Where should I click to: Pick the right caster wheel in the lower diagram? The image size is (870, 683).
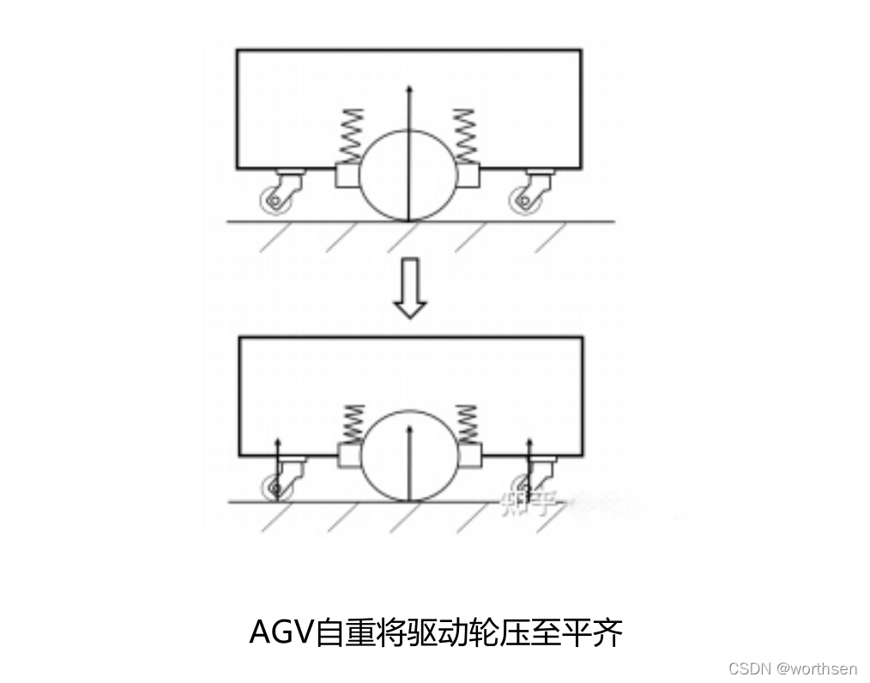pos(522,487)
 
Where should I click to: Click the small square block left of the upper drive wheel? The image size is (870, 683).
pos(347,176)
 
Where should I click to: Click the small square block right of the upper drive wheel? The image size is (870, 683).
pos(468,176)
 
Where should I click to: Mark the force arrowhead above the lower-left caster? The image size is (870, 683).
pos(278,442)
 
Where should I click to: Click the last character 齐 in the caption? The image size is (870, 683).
pos(608,633)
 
